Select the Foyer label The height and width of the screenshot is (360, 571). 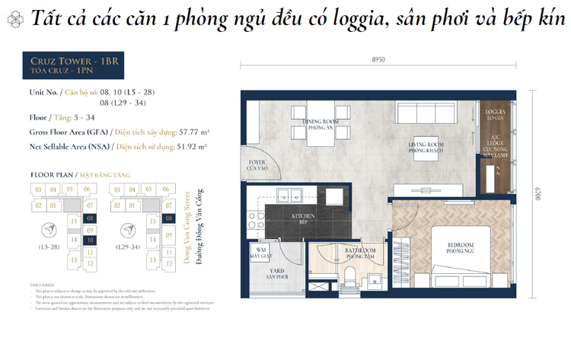point(253,164)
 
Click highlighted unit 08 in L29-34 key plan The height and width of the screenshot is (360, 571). point(168,218)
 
